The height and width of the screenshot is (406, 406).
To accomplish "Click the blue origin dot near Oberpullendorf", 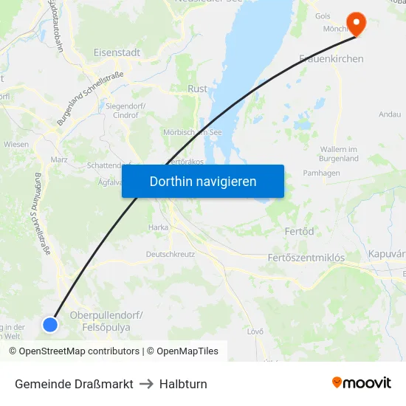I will [50, 324].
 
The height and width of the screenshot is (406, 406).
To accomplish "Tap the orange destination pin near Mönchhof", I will [357, 23].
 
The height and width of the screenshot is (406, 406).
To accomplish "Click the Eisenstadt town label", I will [117, 52].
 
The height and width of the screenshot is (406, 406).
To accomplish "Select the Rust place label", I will [198, 89].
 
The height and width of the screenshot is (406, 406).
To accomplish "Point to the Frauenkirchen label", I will [331, 58].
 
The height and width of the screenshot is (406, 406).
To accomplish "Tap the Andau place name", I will [389, 114].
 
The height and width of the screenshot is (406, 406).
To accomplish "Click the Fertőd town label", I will [299, 231].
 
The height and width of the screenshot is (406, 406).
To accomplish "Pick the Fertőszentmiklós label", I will [305, 258].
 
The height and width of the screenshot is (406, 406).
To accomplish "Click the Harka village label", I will [159, 227].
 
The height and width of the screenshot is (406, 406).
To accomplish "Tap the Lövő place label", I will [255, 331].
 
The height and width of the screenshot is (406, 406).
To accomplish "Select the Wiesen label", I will [16, 145].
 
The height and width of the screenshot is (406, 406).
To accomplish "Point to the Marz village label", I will [59, 159].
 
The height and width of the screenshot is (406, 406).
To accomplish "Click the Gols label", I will [323, 16].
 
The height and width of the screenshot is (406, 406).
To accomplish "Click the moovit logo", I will [361, 383].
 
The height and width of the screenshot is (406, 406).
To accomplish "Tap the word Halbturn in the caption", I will [183, 384].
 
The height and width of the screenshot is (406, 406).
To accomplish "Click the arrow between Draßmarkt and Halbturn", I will [146, 384].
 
